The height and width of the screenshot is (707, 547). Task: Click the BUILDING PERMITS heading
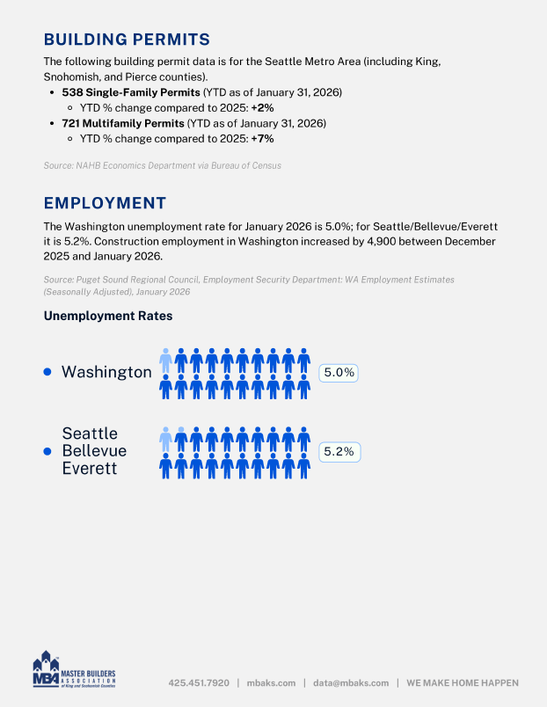click(127, 39)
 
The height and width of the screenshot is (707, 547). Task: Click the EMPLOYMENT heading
click(105, 203)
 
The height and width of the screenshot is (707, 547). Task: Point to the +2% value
click(262, 107)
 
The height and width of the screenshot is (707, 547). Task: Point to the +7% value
click(262, 139)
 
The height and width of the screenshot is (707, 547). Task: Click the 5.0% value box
click(339, 373)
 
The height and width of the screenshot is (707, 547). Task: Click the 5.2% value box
click(339, 452)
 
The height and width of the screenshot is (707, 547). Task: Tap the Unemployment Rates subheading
click(108, 316)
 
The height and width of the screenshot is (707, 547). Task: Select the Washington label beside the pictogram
click(106, 372)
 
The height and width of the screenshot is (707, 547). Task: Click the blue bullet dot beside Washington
click(48, 372)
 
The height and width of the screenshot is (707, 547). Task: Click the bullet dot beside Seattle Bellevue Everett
click(48, 451)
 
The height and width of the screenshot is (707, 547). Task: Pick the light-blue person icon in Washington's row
click(165, 360)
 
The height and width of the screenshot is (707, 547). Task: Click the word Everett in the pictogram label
click(89, 468)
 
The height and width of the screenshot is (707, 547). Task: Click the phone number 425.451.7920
click(199, 682)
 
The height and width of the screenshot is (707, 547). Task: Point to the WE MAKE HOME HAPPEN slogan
click(463, 682)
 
